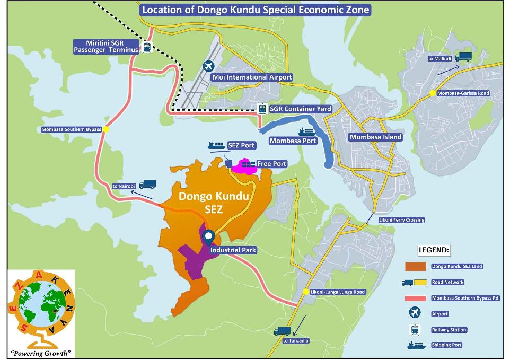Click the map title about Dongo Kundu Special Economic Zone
click(255, 10)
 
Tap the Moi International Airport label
click(252, 77)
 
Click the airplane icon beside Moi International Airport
click(209, 67)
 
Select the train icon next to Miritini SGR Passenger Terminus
click(146, 47)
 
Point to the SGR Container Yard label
click(300, 109)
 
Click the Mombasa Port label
click(293, 141)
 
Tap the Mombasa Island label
click(375, 137)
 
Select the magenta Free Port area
click(247, 167)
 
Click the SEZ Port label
click(238, 145)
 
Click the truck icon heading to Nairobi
click(147, 184)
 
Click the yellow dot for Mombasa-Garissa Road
click(433, 93)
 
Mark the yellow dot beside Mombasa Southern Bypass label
click(106, 129)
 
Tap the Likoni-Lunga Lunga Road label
click(338, 292)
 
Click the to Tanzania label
click(295, 340)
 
